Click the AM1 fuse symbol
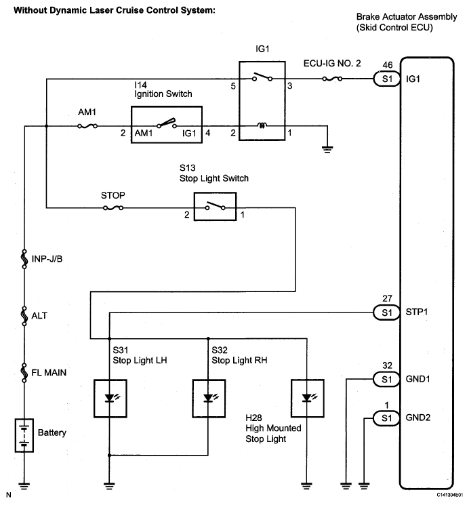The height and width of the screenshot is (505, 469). click(87, 126)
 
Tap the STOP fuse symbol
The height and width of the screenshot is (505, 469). click(113, 208)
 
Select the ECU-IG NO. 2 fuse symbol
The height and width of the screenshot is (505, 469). click(332, 79)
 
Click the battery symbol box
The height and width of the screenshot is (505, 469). click(24, 435)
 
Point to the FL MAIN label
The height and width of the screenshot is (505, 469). click(49, 373)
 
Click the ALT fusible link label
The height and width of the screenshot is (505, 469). click(39, 316)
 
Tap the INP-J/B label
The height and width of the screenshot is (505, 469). click(47, 259)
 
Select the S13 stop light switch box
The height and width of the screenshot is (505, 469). click(215, 207)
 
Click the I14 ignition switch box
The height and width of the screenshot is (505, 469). click(167, 125)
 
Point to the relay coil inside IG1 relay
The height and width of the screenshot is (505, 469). click(262, 125)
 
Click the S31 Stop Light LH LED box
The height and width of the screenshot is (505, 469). click(110, 399)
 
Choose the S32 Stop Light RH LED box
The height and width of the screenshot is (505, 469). click(209, 399)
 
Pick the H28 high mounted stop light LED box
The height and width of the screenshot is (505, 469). click(307, 399)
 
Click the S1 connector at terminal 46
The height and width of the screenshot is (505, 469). click(386, 79)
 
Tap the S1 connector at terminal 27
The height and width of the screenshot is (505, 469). click(386, 312)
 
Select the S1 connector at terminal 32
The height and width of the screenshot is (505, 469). click(386, 379)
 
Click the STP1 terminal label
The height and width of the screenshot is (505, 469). click(417, 312)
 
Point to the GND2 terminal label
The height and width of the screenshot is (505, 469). click(417, 418)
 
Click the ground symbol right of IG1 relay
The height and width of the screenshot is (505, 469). click(327, 149)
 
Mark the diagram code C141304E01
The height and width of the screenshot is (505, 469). click(449, 494)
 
